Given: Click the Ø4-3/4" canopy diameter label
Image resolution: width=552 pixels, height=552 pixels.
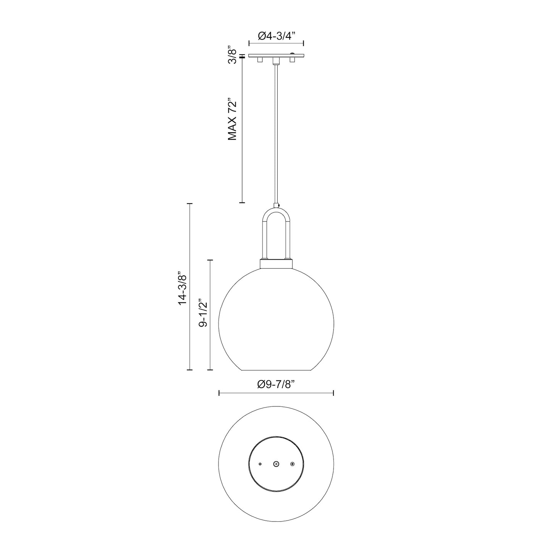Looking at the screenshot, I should tap(277, 36).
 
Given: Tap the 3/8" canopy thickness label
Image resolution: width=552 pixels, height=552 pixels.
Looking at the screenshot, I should tap(232, 56).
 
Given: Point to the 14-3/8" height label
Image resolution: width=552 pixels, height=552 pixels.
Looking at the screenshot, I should tap(182, 287).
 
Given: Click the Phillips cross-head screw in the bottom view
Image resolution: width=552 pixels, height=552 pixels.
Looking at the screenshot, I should tap(293, 464).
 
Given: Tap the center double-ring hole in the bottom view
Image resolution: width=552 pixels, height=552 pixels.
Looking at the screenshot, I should tap(276, 464).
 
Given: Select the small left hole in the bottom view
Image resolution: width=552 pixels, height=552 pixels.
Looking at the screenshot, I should tap(260, 464).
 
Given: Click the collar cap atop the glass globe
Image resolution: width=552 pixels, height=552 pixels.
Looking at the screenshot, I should tap(276, 264).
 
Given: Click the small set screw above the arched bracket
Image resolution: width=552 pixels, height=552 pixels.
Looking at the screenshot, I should tap(280, 206).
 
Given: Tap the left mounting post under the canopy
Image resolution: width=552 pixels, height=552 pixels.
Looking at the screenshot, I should tap(260, 60).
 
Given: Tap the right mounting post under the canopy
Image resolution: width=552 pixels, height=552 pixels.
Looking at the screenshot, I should tap(293, 60).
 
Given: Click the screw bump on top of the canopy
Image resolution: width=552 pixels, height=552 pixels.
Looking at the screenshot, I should tap(293, 53).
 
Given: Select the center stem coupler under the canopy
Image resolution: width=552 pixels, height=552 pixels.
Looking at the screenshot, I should tap(276, 62).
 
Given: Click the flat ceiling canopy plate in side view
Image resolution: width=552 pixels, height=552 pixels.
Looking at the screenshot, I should tap(276, 56).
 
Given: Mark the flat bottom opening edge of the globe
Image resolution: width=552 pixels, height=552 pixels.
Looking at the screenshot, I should tap(276, 370).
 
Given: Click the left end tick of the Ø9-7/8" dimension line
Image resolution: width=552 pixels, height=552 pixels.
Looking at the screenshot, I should tap(219, 393).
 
